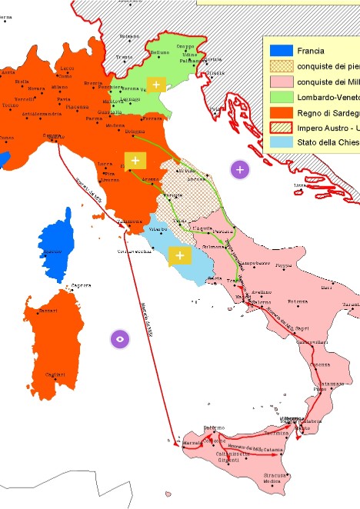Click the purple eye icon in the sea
coord(119,338)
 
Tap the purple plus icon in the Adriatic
coord(240,169)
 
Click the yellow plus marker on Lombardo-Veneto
coord(157,84)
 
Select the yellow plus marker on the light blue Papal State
coord(179,255)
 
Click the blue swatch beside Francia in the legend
coord(280,51)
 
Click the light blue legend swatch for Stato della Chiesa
coord(280,142)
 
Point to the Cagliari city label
coord(55,374)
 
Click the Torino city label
coord(10,105)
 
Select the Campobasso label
coord(253,263)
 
